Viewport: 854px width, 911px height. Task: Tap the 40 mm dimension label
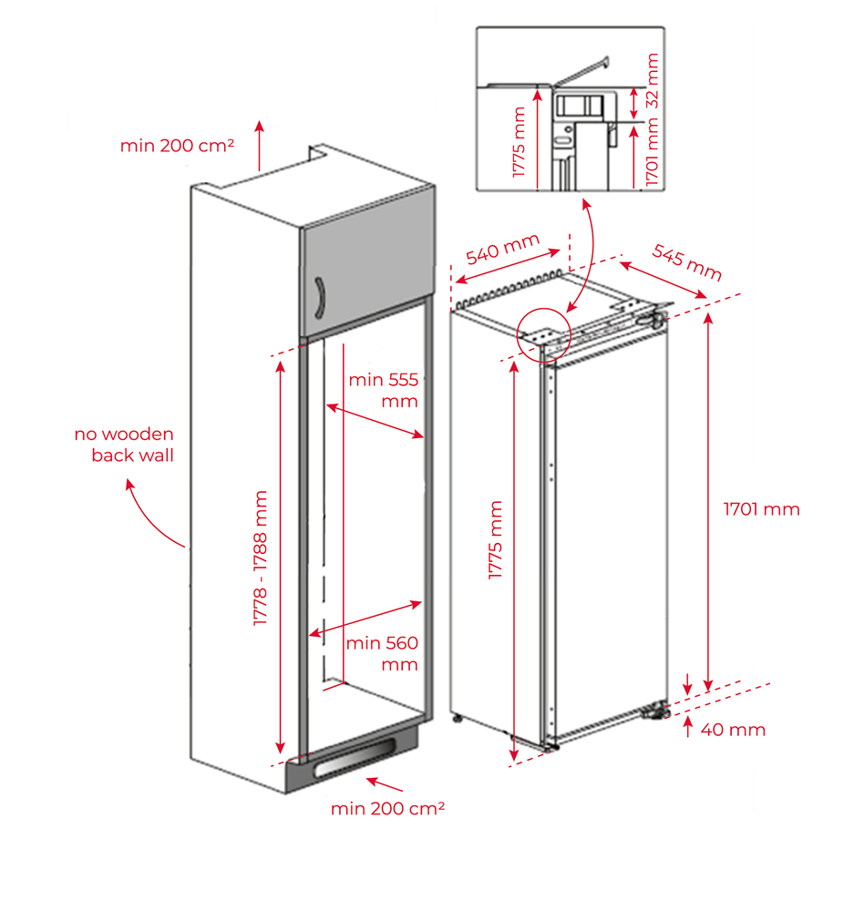tap(733, 730)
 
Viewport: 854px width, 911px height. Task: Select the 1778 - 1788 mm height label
tap(262, 558)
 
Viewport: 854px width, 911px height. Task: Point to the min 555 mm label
tap(384, 391)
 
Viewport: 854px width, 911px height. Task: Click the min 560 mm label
tap(382, 653)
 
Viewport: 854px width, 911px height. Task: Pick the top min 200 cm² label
tap(178, 145)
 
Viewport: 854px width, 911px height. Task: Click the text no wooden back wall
tap(126, 445)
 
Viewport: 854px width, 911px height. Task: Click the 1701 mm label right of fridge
tap(761, 509)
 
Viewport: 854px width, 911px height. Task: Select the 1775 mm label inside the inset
tap(520, 142)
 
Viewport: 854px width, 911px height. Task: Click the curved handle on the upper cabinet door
tap(319, 297)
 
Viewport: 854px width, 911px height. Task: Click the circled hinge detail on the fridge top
tap(543, 333)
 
